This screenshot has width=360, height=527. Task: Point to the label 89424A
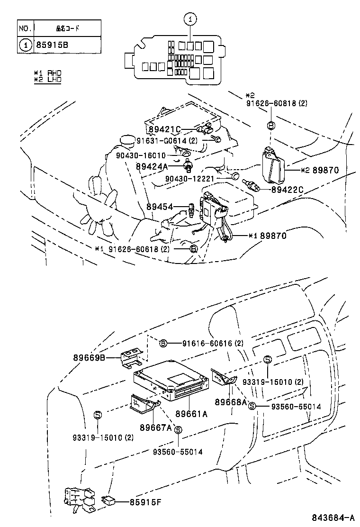click(152, 166)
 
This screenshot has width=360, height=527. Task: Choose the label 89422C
click(287, 190)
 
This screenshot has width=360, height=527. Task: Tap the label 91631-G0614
click(167, 141)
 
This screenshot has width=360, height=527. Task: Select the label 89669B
click(89, 357)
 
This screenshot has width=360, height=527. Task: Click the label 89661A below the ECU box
click(191, 414)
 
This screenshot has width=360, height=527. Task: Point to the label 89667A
click(155, 427)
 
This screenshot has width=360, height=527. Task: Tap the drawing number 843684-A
click(333, 517)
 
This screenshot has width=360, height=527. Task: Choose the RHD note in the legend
click(48, 73)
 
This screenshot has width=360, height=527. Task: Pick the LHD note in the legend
click(48, 79)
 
